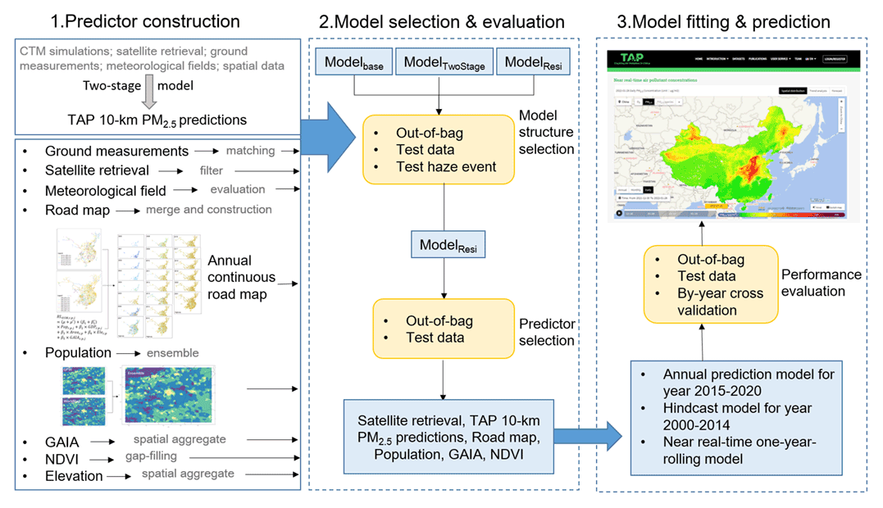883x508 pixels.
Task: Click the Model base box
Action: (354, 62)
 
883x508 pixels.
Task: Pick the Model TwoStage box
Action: (444, 62)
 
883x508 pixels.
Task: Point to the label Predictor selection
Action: (547, 333)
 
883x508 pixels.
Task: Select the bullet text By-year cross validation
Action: (721, 302)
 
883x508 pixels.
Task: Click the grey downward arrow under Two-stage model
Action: (149, 98)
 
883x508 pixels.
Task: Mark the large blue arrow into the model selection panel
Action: (327, 132)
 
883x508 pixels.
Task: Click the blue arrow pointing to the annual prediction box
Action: (605, 430)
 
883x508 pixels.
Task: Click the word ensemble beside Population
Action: (172, 353)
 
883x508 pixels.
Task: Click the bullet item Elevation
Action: (74, 475)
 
